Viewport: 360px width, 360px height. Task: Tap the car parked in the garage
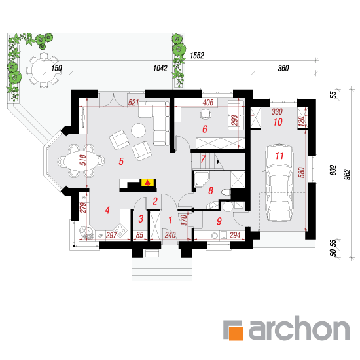click(x=279, y=183)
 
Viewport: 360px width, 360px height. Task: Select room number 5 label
click(x=121, y=162)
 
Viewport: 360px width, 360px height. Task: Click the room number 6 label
click(x=205, y=129)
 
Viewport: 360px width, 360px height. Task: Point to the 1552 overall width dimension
click(x=197, y=56)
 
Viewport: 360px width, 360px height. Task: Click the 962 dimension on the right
click(x=348, y=174)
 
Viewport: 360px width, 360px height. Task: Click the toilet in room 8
click(x=226, y=192)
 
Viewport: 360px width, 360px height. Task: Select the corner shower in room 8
click(x=201, y=180)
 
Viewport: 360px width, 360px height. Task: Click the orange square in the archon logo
click(x=236, y=333)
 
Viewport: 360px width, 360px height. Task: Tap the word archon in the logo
click(x=299, y=328)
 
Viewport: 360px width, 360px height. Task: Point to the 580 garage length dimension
click(x=302, y=172)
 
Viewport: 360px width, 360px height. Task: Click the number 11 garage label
click(x=279, y=156)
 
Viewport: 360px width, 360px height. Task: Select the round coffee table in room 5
click(x=138, y=130)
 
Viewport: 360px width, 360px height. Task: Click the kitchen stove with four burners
click(x=120, y=230)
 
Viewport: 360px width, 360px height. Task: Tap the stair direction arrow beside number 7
click(x=218, y=162)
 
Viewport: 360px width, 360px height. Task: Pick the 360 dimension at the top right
click(x=283, y=68)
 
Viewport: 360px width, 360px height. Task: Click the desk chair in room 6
click(x=206, y=114)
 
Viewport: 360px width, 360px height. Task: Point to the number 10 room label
click(x=278, y=122)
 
